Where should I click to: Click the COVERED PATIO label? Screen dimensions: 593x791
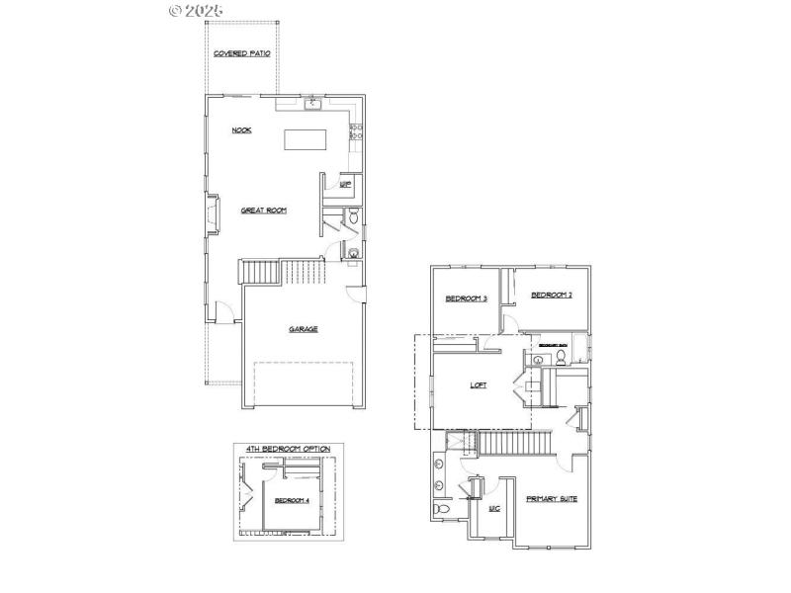pos(242,53)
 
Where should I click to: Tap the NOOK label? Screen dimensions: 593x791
pos(241,130)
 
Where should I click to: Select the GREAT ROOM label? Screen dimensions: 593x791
pos(264,210)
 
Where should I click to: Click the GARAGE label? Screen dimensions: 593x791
pos(304,329)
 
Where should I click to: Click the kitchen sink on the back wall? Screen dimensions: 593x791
pos(312,103)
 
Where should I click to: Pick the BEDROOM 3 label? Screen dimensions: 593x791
pos(466,298)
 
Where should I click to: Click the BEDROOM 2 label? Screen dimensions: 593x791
pos(552,295)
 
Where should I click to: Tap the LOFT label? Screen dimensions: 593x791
pos(479,386)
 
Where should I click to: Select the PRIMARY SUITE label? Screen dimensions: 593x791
pos(552,499)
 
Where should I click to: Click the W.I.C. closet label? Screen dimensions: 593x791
pos(495,509)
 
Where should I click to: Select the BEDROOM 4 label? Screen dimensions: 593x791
pos(293,500)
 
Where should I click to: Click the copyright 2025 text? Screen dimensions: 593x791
pos(197,10)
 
